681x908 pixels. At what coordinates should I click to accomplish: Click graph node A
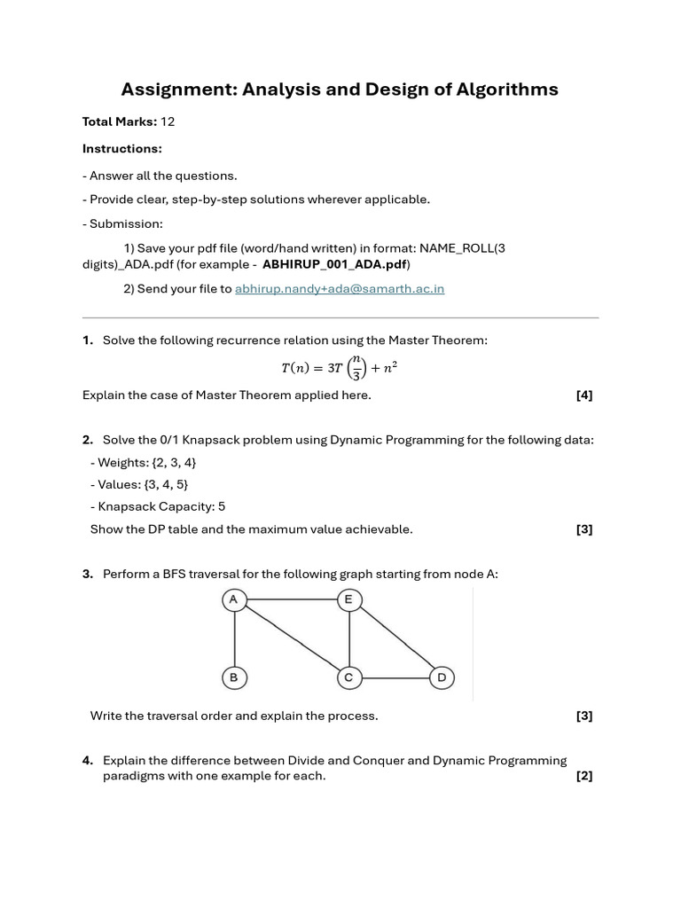[234, 600]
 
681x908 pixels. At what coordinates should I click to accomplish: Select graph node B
[234, 678]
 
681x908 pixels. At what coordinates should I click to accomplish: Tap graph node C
[348, 678]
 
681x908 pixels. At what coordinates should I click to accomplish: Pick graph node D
[442, 678]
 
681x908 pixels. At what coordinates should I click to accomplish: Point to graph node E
[348, 600]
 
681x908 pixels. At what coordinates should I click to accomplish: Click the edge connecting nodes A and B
[234, 639]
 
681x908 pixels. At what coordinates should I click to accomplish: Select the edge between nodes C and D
[395, 678]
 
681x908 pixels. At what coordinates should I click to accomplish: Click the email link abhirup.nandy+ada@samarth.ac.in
[339, 289]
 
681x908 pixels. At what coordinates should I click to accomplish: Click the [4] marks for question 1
[583, 395]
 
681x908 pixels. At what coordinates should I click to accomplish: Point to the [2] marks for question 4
[583, 776]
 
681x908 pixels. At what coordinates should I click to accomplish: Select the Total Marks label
[120, 121]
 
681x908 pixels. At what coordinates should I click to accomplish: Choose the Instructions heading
[122, 148]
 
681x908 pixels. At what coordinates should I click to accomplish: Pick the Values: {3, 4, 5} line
[139, 485]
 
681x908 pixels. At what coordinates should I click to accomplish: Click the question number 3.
[88, 575]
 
